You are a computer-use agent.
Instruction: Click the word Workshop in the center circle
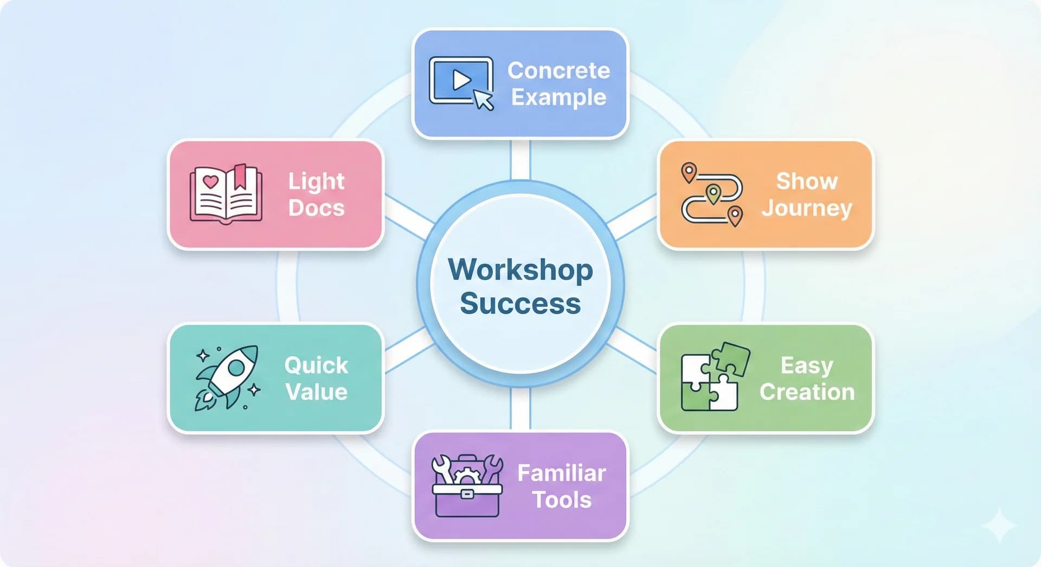tap(520, 270)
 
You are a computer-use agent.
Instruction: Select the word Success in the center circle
tap(520, 303)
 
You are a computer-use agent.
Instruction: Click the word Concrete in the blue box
tap(558, 70)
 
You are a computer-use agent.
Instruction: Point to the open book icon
tap(226, 194)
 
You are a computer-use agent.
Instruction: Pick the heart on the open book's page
tap(210, 181)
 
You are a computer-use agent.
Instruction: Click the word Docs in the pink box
tap(316, 208)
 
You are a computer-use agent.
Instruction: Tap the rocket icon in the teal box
tap(228, 377)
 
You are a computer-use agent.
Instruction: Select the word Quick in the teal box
tap(316, 366)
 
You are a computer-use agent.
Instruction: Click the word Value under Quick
tap(316, 392)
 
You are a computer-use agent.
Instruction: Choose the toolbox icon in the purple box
tap(467, 486)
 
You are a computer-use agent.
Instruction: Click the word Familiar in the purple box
tap(561, 473)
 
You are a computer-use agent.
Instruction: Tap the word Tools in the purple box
tap(561, 500)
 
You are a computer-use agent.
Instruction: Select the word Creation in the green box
tap(807, 392)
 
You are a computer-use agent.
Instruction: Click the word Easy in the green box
tap(807, 366)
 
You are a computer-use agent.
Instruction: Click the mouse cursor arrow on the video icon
tap(483, 100)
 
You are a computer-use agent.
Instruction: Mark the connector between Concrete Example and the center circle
tap(520, 160)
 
